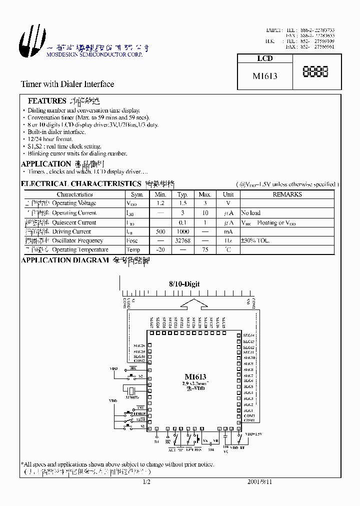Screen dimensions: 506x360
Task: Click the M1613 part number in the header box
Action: tap(265, 76)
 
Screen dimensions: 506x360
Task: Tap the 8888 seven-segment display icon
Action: tap(315, 72)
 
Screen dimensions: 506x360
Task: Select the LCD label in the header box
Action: tap(264, 58)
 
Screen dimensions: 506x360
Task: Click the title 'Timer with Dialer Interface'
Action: tap(67, 84)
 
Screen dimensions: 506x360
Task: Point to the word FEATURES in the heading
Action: tap(47, 101)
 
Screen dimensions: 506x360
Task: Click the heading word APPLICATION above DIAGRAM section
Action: tap(46, 164)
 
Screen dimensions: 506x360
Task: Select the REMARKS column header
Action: tap(287, 194)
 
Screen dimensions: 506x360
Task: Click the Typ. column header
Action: tap(182, 194)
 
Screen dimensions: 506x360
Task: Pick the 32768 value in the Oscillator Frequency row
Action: tap(182, 240)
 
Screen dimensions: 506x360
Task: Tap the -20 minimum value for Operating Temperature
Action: tap(160, 249)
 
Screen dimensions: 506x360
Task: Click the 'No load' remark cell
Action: tap(250, 213)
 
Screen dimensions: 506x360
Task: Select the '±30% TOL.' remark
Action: tap(255, 240)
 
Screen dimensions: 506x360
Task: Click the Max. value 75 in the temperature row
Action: tap(204, 249)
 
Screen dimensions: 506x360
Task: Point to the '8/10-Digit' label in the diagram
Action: tap(184, 284)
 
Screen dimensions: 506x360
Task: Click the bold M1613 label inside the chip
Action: tap(195, 377)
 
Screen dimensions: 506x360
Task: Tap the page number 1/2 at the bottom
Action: tap(146, 482)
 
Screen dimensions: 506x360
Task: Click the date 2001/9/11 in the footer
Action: tap(260, 482)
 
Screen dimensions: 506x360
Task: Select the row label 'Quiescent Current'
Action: tap(74, 222)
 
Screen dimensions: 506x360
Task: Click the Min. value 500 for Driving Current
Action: tap(160, 231)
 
